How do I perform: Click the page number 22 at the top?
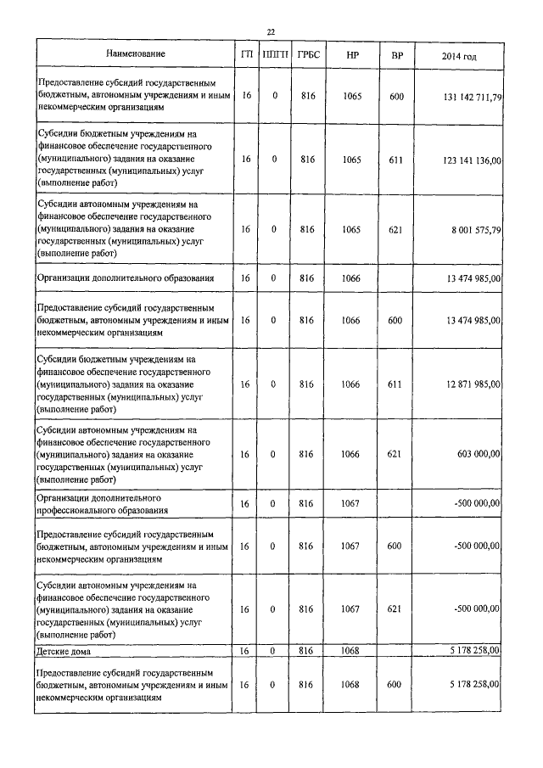coord(271,31)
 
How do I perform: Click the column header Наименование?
coord(136,54)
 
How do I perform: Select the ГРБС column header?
coord(307,55)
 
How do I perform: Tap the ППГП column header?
coord(274,55)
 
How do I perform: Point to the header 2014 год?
coord(459,55)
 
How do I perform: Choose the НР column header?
coord(352,55)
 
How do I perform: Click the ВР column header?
coord(396,55)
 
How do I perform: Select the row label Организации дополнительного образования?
coord(124,277)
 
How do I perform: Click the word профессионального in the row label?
coord(79,510)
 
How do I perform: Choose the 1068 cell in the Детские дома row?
coord(352,651)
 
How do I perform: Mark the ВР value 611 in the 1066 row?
coord(395,384)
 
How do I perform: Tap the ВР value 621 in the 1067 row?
coord(395,608)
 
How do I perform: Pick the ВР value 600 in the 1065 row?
coord(396,97)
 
